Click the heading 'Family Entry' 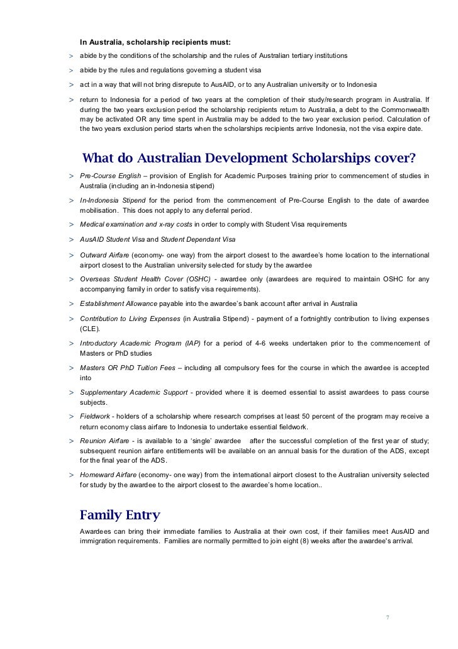point(120,515)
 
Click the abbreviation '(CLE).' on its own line point(90,329)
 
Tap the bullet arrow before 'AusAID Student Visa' point(72,240)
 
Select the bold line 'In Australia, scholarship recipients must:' point(155,42)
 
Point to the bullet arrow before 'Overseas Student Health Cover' point(72,279)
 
